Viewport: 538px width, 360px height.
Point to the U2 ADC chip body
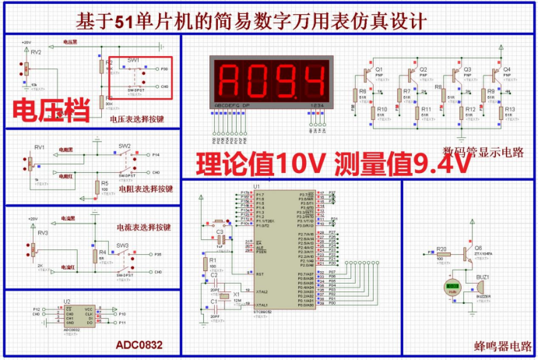tap(78, 315)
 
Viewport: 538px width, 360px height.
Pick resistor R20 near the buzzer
tap(441, 255)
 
